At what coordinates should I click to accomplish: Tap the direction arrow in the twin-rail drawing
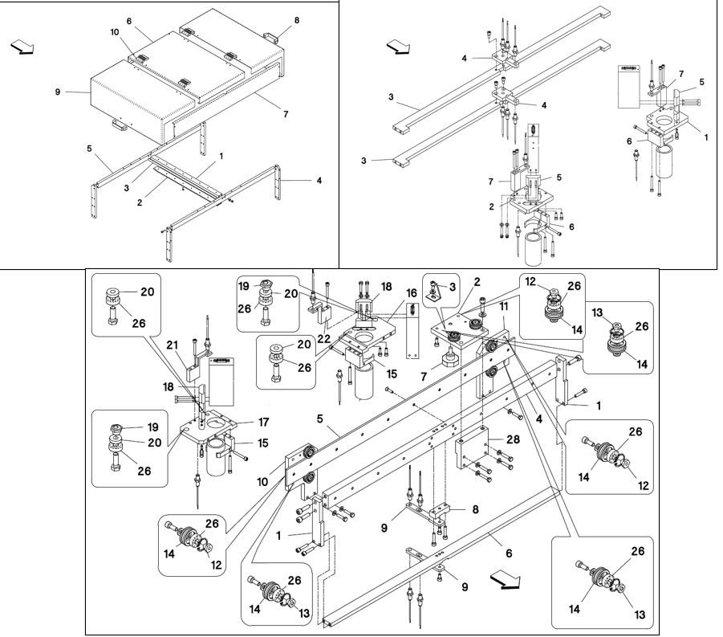coord(395,47)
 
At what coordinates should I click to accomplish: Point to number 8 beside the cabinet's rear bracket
coord(296,20)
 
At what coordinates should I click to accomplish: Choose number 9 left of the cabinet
coord(58,92)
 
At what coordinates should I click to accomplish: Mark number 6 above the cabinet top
coord(128,20)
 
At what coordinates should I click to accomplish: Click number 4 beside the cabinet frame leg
coord(319,181)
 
